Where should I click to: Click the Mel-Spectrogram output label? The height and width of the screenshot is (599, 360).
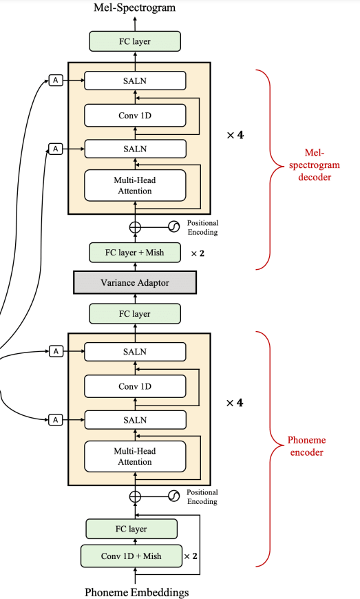point(135,8)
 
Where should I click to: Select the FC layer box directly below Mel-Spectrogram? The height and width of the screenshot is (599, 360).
point(135,41)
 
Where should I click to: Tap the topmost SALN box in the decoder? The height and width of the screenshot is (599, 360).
point(135,81)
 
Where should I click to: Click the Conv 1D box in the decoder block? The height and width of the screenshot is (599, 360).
point(135,116)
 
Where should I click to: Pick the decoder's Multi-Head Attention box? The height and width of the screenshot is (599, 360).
point(135,186)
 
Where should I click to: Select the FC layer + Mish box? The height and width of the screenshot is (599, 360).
point(135,253)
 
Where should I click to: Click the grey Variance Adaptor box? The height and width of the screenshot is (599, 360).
point(135,283)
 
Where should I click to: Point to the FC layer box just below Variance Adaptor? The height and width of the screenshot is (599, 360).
point(135,314)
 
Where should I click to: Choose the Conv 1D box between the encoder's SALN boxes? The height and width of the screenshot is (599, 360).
point(135,386)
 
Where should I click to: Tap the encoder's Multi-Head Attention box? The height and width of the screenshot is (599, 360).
point(135,456)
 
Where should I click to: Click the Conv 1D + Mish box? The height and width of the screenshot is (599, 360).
point(131,556)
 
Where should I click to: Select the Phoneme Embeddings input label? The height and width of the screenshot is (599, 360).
point(137,592)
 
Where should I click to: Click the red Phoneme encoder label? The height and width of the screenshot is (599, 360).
point(306,446)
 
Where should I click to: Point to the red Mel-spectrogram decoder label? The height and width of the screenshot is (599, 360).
point(314,165)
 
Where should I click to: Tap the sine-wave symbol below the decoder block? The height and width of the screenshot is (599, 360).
point(173,227)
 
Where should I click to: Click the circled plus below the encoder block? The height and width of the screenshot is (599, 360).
point(135,496)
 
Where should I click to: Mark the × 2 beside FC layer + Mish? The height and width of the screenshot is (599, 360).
point(198,253)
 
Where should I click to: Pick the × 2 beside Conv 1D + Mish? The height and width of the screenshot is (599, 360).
point(191,556)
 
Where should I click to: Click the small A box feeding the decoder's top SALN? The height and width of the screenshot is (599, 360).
point(56,81)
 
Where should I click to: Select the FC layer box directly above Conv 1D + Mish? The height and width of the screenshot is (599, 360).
point(131,529)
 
